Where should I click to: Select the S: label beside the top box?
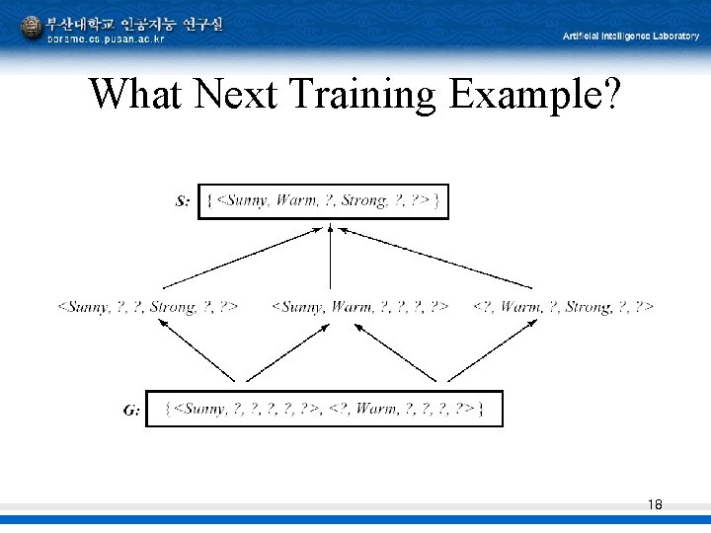tap(183, 201)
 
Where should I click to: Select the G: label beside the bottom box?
tap(131, 410)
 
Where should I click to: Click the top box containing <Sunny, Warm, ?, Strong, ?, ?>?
tap(323, 201)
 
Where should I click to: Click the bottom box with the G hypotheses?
tap(324, 409)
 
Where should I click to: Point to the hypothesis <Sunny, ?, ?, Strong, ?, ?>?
tap(147, 307)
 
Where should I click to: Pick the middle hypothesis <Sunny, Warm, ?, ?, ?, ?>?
tap(360, 307)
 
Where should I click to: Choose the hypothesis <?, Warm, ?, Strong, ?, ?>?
tap(563, 307)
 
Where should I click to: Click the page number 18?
tap(655, 504)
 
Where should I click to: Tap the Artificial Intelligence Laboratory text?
tap(631, 36)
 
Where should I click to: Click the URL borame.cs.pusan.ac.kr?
tap(106, 39)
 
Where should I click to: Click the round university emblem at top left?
tap(32, 27)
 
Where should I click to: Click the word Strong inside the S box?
tap(362, 201)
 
